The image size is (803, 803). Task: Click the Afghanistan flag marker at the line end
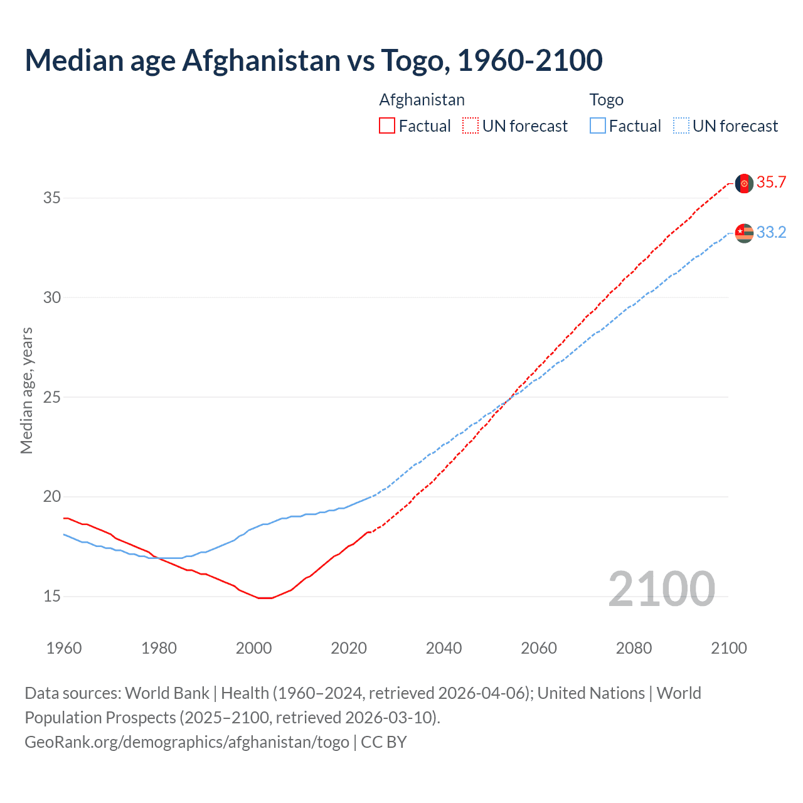tap(744, 183)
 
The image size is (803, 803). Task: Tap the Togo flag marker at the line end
tap(744, 233)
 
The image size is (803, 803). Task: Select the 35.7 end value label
tap(771, 183)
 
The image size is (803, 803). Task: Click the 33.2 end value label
tap(771, 233)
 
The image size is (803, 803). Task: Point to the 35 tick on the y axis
tap(51, 198)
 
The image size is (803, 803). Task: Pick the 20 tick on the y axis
tap(51, 497)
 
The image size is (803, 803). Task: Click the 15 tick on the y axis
tap(51, 597)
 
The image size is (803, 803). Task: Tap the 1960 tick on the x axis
tap(64, 648)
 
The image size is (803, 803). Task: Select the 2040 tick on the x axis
tap(444, 648)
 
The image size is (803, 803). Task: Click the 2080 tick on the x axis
tap(634, 648)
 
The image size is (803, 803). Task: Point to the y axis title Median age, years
tap(26, 390)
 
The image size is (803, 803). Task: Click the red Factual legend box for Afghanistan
tap(387, 126)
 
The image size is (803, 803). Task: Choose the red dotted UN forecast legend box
tap(471, 126)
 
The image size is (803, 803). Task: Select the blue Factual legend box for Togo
tap(598, 126)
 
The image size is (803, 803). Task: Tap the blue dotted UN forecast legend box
tap(681, 126)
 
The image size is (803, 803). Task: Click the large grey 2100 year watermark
tap(661, 589)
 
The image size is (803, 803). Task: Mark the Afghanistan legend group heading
tap(422, 100)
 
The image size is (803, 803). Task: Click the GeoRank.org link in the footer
tap(186, 742)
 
